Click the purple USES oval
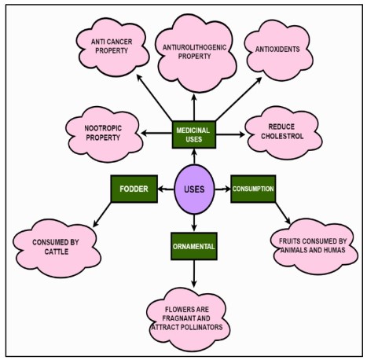pyautogui.click(x=194, y=189)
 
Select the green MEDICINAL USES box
pyautogui.click(x=194, y=134)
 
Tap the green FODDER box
pyautogui.click(x=134, y=189)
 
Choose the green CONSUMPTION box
pyautogui.click(x=253, y=189)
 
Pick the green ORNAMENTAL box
pyautogui.click(x=194, y=246)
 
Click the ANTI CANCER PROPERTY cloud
pyautogui.click(x=112, y=47)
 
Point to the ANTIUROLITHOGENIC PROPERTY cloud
pyautogui.click(x=195, y=53)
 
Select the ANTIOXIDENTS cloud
pyautogui.click(x=278, y=50)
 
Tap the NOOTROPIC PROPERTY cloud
pyautogui.click(x=104, y=134)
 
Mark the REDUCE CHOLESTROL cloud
pyautogui.click(x=283, y=132)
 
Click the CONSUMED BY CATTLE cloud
pyautogui.click(x=57, y=248)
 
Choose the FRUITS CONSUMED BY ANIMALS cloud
pyautogui.click(x=314, y=246)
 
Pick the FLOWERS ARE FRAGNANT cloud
pyautogui.click(x=187, y=319)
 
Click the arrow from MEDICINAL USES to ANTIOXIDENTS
pyautogui.click(x=239, y=99)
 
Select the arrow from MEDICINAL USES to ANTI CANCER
pyautogui.click(x=154, y=97)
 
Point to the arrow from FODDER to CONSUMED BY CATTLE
pyautogui.click(x=102, y=215)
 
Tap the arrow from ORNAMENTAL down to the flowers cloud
pyautogui.click(x=194, y=274)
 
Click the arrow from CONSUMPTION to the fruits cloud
pyautogui.click(x=283, y=213)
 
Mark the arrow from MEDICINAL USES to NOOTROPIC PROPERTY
pyautogui.click(x=156, y=134)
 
